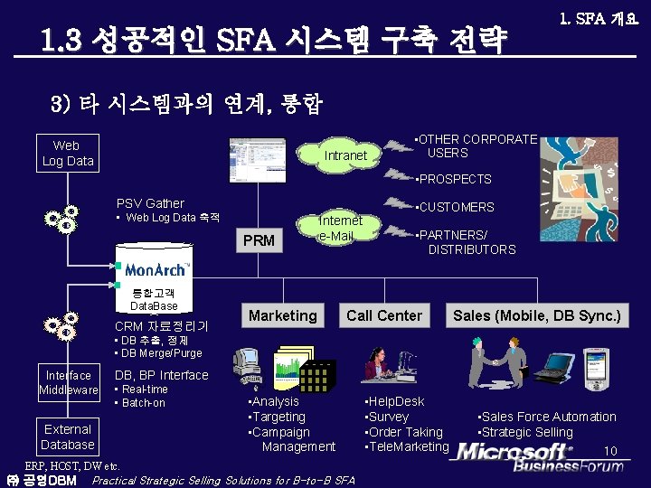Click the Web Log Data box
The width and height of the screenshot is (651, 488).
[x=66, y=154]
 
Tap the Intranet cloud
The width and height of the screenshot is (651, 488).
[x=345, y=155]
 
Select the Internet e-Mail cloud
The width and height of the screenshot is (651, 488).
[x=340, y=229]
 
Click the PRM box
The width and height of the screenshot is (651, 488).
[x=259, y=241]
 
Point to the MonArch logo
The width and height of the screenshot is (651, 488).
[x=156, y=269]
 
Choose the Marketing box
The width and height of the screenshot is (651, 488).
[x=283, y=315]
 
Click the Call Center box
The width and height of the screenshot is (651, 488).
[x=384, y=315]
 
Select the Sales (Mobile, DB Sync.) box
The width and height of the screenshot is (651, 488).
[x=536, y=315]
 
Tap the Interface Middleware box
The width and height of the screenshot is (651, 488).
[x=69, y=382]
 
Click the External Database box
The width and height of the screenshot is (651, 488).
[x=68, y=436]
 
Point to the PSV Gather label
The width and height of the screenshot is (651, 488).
[x=150, y=203]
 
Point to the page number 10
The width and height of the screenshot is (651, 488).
[x=610, y=450]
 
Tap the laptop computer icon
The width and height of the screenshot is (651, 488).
[x=552, y=366]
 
